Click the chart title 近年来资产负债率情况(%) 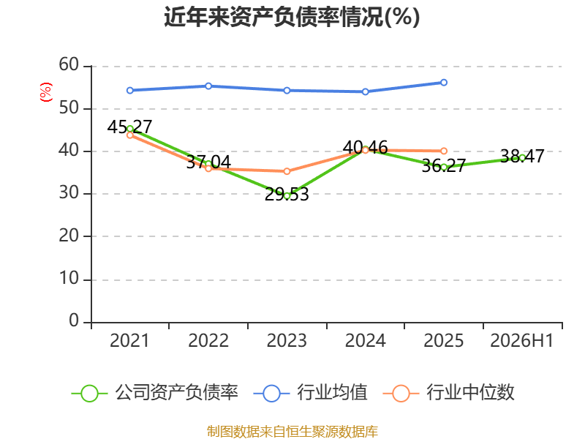[x=292, y=17]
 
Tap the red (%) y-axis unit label [x=46, y=92]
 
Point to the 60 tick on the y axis [x=69, y=64]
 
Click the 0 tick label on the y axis [x=74, y=320]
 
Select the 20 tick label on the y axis [x=69, y=236]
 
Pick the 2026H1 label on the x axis [x=521, y=340]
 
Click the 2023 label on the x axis [x=287, y=340]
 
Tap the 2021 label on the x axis [x=129, y=340]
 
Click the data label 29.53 [x=287, y=194]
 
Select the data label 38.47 [x=522, y=156]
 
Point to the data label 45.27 [x=130, y=127]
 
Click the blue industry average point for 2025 [x=444, y=83]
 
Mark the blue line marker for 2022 [x=208, y=86]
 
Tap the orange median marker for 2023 [x=287, y=171]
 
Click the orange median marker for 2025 [x=444, y=151]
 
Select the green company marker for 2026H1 [x=522, y=158]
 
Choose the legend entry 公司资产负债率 [x=154, y=393]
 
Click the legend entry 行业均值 [x=310, y=393]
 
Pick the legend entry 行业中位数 [x=449, y=393]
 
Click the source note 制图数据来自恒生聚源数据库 [x=292, y=432]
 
